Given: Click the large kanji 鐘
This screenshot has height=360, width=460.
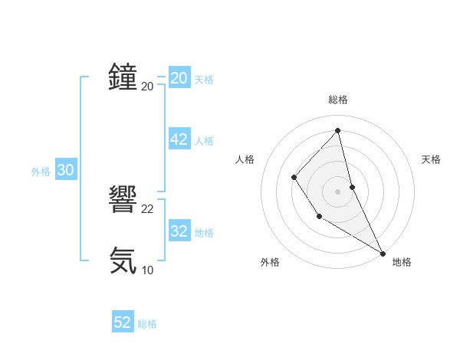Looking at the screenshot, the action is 123,77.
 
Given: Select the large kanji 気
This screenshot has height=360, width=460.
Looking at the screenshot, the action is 123,260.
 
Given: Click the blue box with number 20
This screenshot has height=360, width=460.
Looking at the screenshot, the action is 179,78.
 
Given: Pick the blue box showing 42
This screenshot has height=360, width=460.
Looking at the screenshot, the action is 179,139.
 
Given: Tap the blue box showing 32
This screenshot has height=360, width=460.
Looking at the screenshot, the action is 179,231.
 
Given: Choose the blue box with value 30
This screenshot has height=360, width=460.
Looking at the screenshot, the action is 65,171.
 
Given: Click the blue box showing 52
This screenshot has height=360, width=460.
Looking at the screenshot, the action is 123,322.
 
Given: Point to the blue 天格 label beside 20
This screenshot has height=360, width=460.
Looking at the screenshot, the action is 204,80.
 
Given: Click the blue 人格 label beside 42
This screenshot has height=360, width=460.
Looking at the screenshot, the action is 204,141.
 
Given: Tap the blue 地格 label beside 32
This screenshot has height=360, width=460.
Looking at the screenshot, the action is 204,233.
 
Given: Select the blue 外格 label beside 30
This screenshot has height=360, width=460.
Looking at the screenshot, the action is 41,172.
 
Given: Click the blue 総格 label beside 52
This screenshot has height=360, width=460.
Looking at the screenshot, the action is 147,324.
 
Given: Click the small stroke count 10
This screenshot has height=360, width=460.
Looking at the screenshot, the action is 148,270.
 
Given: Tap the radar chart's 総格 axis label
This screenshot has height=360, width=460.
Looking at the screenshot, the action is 337,100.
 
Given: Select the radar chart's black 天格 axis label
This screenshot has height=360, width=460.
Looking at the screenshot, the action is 431,159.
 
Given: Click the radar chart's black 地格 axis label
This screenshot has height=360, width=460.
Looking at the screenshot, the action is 402,262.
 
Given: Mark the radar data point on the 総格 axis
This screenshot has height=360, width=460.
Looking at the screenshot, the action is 337,131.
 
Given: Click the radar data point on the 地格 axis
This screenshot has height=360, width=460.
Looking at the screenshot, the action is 383,253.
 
